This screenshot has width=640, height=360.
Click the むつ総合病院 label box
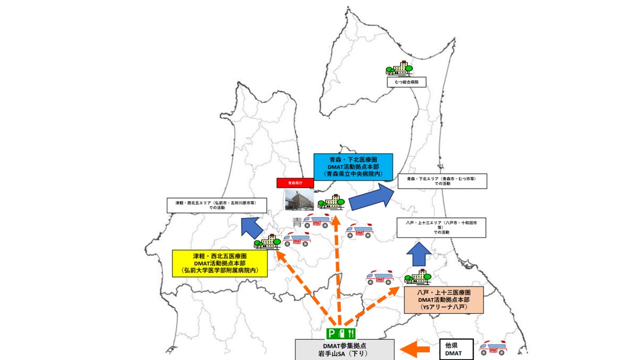pos(406,82)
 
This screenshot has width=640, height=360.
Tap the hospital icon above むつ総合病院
pos(399,69)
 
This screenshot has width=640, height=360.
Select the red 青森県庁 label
pos(295,183)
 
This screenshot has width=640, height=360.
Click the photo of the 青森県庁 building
pos(299,199)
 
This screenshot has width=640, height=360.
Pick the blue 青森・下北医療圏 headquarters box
pos(353,166)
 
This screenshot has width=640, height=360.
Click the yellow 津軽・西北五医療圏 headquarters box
pos(219,263)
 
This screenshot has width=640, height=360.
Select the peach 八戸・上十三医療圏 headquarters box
pos(443,300)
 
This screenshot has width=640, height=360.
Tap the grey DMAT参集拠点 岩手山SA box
pos(344,349)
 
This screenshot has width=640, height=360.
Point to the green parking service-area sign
pos(341,333)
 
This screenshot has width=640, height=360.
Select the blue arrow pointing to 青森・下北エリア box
pos(371,197)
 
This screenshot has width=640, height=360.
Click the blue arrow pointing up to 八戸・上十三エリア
pos(417,254)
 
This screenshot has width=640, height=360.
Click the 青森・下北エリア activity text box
pos(442,181)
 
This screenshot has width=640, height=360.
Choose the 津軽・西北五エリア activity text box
pos(216,205)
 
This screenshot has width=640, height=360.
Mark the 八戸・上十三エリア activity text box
pos(441,227)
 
